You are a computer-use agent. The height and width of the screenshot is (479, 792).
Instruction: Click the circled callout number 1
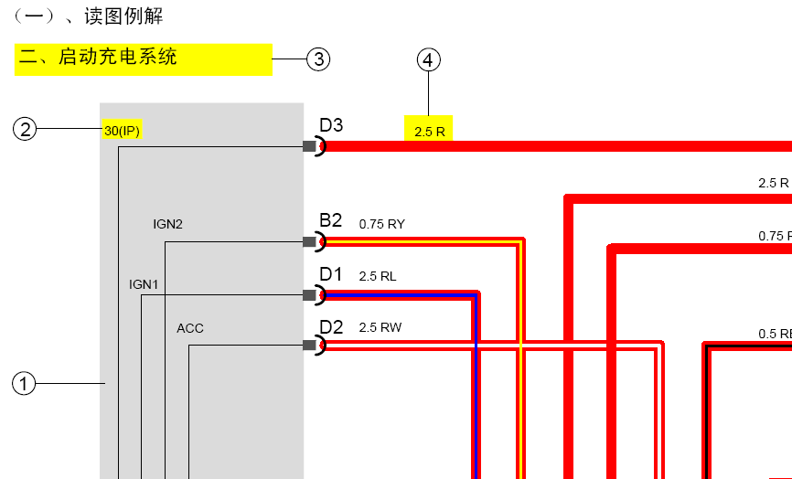click(24, 384)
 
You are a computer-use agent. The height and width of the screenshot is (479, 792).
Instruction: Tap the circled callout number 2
click(25, 129)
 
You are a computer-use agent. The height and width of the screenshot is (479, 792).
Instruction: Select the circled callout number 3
click(318, 59)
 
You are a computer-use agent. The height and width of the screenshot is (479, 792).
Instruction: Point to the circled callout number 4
click(428, 59)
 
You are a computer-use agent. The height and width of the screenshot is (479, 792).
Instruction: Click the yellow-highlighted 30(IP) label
click(123, 131)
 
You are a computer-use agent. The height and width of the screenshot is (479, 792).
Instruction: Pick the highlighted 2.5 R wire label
click(430, 132)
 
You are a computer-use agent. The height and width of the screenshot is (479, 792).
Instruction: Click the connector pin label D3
click(331, 125)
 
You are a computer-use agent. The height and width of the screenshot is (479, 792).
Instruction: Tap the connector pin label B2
click(331, 220)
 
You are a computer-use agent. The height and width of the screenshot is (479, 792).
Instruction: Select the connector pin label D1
click(331, 274)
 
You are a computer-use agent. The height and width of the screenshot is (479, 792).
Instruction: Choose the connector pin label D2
click(331, 327)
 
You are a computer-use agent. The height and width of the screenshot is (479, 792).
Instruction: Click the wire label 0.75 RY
click(382, 224)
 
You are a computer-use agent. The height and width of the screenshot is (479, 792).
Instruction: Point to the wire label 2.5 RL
click(378, 277)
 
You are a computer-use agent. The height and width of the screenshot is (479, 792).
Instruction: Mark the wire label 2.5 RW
click(380, 327)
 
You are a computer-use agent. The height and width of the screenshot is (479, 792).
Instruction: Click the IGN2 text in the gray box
click(167, 224)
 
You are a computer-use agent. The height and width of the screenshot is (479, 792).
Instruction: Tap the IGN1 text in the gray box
click(144, 284)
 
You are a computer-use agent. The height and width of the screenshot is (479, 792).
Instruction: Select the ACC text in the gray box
click(190, 328)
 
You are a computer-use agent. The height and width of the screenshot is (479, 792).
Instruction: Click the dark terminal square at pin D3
click(309, 146)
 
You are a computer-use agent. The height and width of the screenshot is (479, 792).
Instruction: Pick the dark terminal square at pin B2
click(309, 241)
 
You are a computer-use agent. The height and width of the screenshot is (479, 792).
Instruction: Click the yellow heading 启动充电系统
click(117, 57)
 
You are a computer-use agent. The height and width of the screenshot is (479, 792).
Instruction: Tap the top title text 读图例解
click(123, 16)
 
